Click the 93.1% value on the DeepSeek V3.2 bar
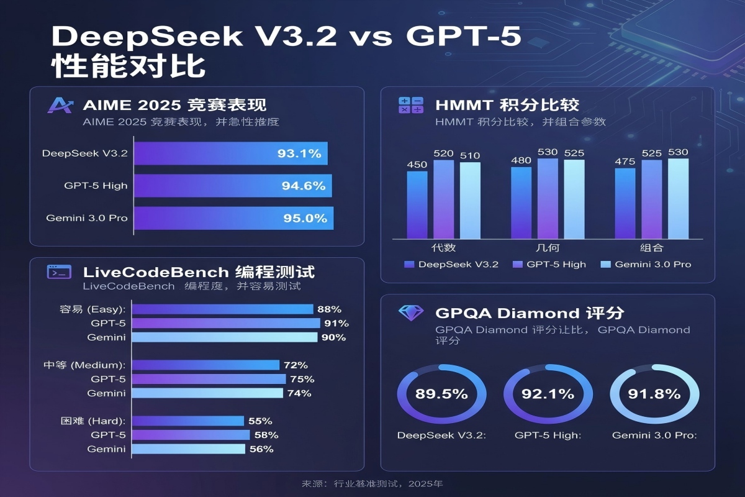(299, 153)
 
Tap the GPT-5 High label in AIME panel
(96, 186)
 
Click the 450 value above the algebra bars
(417, 164)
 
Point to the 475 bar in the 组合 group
(625, 203)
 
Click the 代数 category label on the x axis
(443, 248)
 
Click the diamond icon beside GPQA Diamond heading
(411, 312)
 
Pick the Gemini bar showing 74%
(208, 393)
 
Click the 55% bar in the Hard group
(189, 421)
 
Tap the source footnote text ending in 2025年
(372, 483)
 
